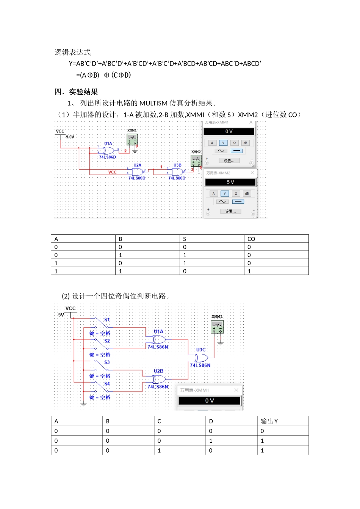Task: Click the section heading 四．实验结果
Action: click(x=76, y=92)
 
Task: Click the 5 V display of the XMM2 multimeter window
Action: click(x=230, y=182)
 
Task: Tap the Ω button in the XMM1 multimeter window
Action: click(x=234, y=143)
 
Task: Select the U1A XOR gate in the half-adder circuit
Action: click(x=108, y=150)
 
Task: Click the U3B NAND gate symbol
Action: click(x=177, y=172)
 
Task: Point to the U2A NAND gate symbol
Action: click(x=137, y=172)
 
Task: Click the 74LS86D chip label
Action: click(x=108, y=157)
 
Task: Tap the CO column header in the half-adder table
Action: click(x=251, y=239)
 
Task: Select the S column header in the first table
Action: click(x=185, y=239)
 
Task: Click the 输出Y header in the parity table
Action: click(x=269, y=421)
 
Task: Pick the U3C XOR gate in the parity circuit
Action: click(x=201, y=358)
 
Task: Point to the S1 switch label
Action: click(x=107, y=320)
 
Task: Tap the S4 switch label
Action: click(x=107, y=384)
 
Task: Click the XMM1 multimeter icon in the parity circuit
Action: click(x=217, y=327)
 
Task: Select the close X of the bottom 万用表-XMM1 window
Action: click(x=236, y=390)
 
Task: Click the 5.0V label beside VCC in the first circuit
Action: click(x=70, y=137)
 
